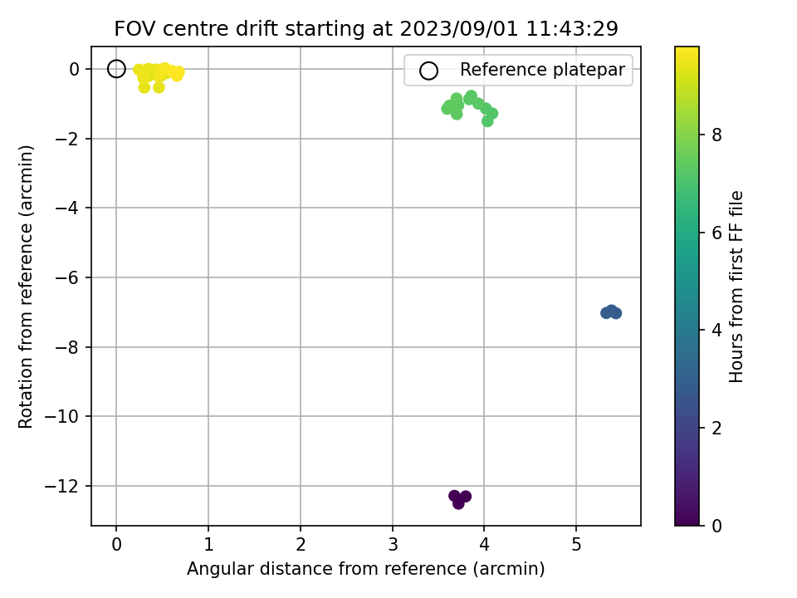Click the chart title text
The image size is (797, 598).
pyautogui.click(x=366, y=29)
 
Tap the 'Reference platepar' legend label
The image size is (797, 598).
pyautogui.click(x=542, y=70)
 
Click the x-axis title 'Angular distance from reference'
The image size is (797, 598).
pyautogui.click(x=366, y=568)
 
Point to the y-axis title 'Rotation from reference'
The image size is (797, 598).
pyautogui.click(x=26, y=287)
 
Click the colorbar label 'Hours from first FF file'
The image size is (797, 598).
pyautogui.click(x=736, y=287)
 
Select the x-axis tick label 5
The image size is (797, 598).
pyautogui.click(x=576, y=545)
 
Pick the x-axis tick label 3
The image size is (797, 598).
pyautogui.click(x=393, y=545)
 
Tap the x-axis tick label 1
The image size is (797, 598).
pyautogui.click(x=208, y=545)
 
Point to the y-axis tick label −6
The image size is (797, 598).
pyautogui.click(x=67, y=277)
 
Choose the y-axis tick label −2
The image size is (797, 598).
pyautogui.click(x=67, y=139)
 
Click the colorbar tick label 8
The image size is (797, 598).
pyautogui.click(x=716, y=135)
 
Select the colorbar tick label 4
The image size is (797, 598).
pyautogui.click(x=716, y=330)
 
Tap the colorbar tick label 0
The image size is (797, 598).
pyautogui.click(x=716, y=526)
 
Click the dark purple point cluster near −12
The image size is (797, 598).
pyautogui.click(x=459, y=499)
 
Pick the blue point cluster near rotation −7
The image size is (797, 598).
pyautogui.click(x=611, y=311)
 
